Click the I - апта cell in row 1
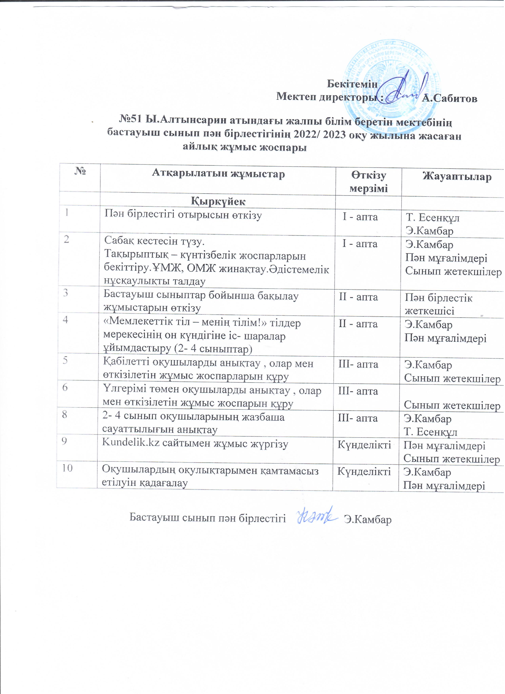pos(360,217)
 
